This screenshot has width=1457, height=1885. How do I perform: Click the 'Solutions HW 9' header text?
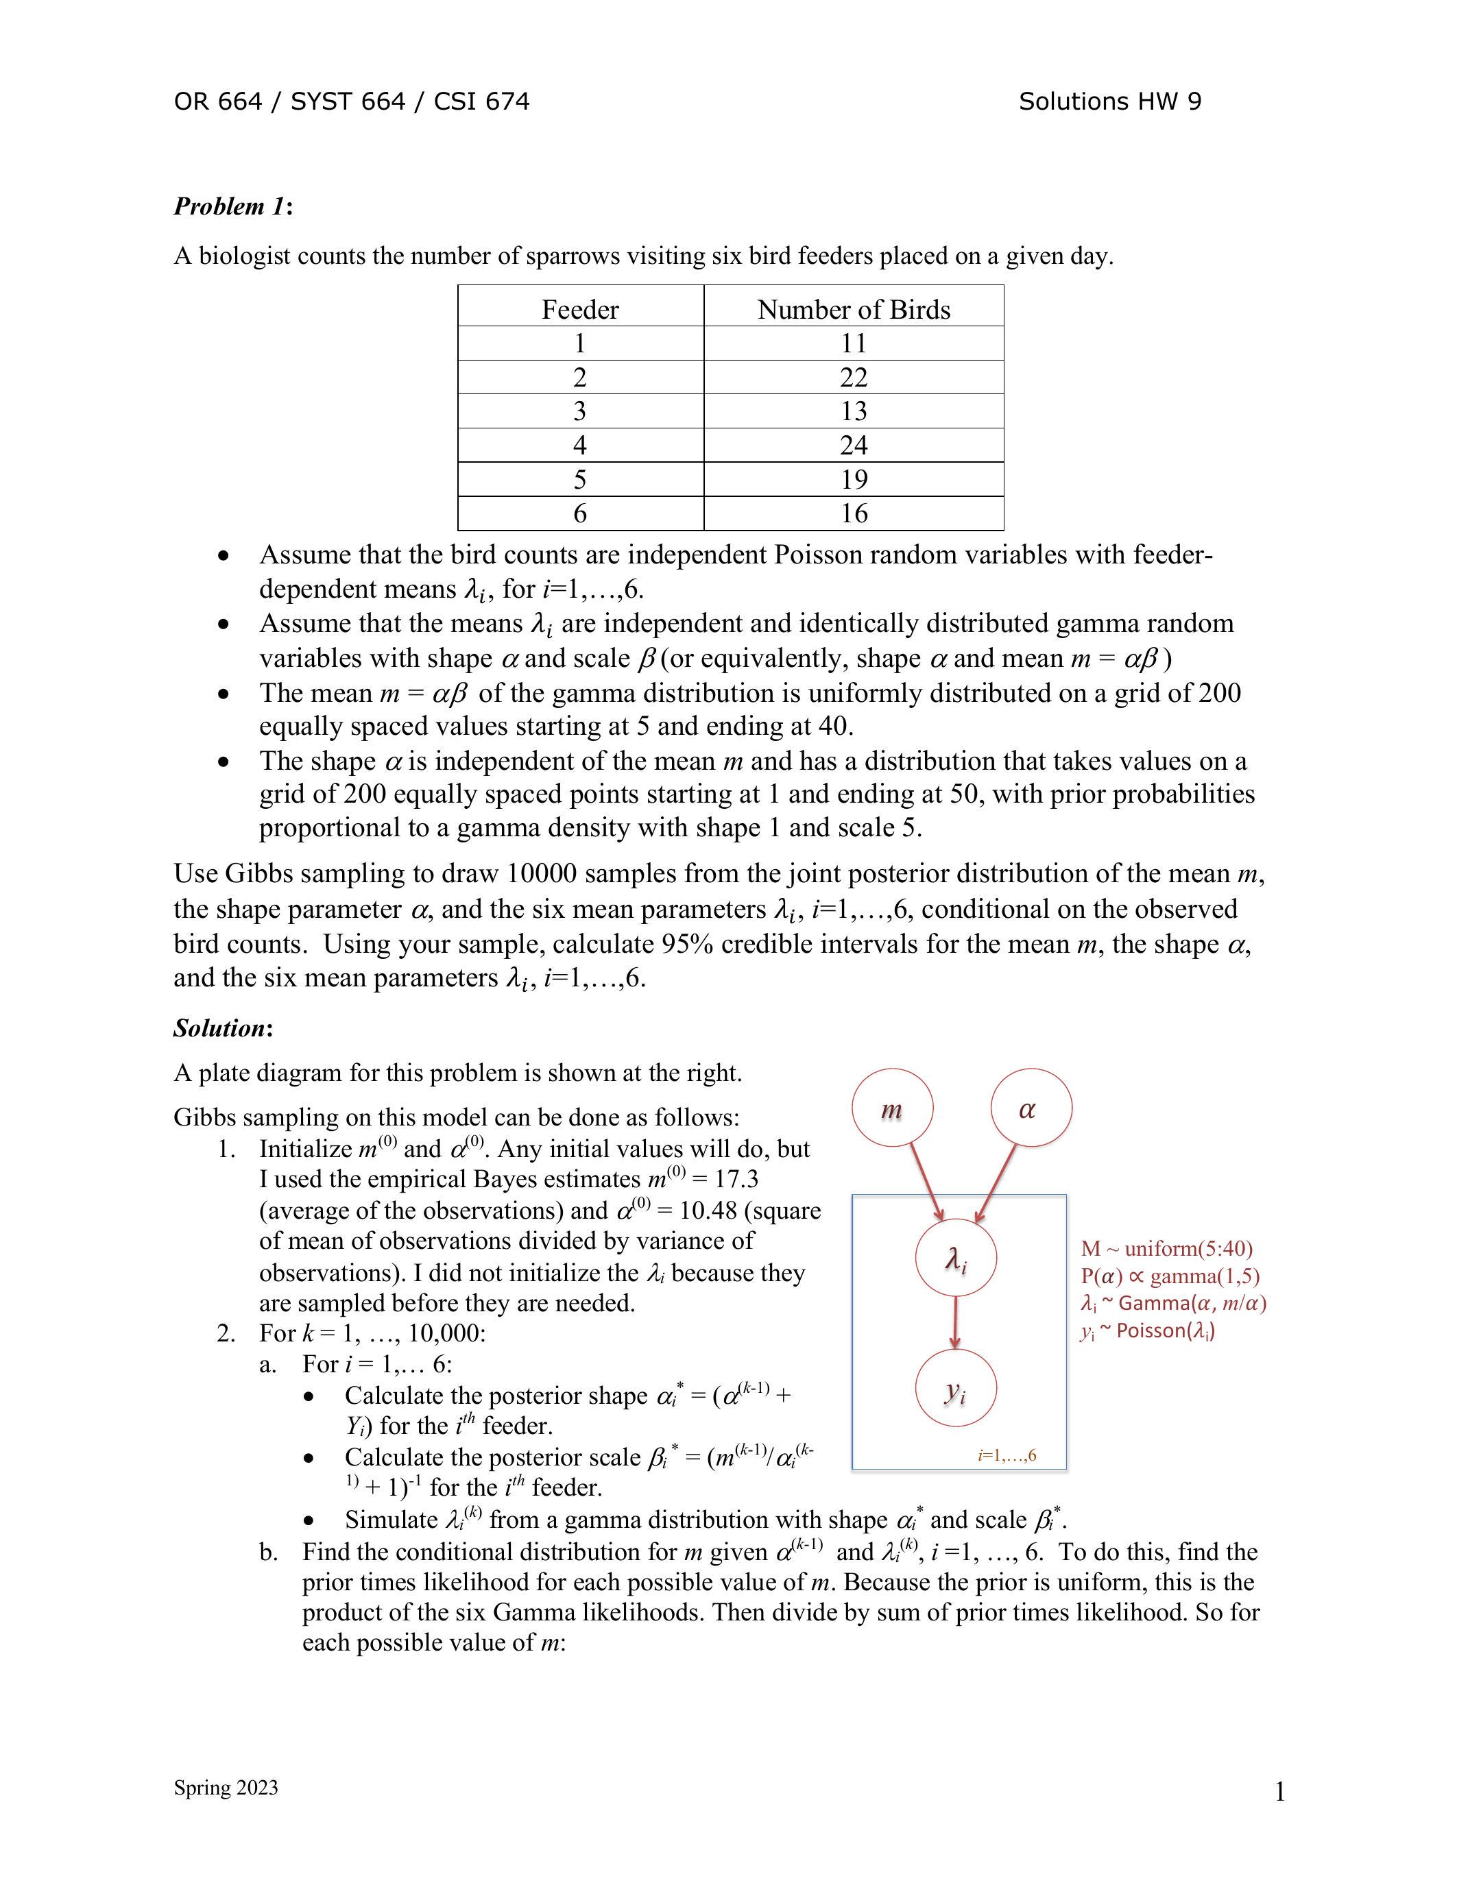(x=1109, y=102)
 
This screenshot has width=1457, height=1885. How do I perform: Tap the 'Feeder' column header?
(x=580, y=309)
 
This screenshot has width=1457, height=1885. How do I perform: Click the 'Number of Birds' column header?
(x=854, y=309)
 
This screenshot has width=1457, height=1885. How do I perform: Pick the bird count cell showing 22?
(x=854, y=377)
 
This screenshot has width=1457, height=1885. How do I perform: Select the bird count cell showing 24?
(x=854, y=446)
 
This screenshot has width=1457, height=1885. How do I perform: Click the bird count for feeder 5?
(x=854, y=479)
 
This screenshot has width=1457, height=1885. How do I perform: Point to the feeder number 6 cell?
(x=580, y=513)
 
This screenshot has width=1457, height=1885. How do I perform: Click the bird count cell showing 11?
(x=854, y=343)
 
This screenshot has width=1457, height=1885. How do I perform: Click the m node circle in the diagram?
(x=891, y=1108)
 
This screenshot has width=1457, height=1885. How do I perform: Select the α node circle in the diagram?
(x=1031, y=1108)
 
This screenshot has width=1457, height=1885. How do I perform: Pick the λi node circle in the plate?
(x=956, y=1258)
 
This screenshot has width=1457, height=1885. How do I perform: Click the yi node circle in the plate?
(x=956, y=1389)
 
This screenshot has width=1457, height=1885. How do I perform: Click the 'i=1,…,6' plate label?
(x=1007, y=1456)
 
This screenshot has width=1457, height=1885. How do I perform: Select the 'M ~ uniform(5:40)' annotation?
(x=1166, y=1249)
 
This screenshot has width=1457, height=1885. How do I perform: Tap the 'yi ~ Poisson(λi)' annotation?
(x=1146, y=1331)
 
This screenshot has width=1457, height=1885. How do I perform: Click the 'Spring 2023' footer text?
(x=226, y=1788)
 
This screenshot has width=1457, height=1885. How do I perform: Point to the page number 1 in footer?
(x=1280, y=1792)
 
